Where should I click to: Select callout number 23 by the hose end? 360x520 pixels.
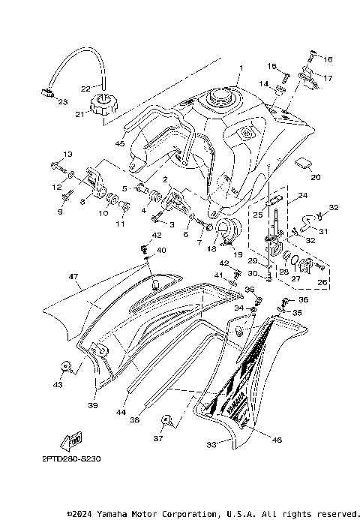click(x=61, y=101)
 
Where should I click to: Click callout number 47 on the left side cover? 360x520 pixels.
click(x=73, y=277)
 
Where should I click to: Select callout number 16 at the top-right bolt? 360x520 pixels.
click(x=328, y=59)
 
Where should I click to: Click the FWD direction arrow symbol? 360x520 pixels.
click(x=73, y=439)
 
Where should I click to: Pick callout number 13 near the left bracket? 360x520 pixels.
click(x=67, y=154)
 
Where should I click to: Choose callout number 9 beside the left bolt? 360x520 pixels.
click(x=61, y=212)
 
